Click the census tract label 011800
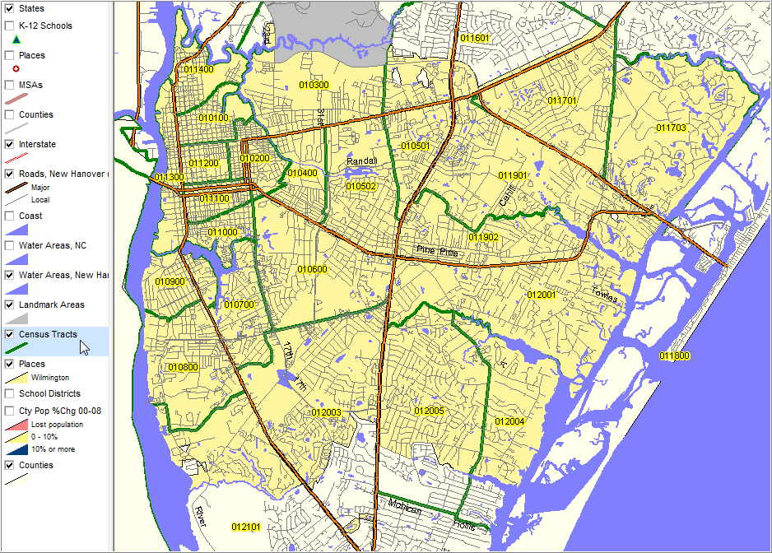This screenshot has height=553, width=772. [674, 355]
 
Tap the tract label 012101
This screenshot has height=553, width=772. [246, 527]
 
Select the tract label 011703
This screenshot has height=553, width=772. [672, 128]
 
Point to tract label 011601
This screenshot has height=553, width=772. [475, 39]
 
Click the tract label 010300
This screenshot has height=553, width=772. [314, 85]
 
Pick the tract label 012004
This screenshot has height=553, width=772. [509, 421]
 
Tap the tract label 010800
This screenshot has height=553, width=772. [183, 367]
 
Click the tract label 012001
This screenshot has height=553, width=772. [542, 295]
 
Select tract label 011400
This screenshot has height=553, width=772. [198, 70]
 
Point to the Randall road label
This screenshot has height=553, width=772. [361, 160]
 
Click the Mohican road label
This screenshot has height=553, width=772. [405, 510]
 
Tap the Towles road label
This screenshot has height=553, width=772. [604, 294]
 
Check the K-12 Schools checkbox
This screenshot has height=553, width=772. [10, 26]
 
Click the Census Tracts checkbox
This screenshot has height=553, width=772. [10, 334]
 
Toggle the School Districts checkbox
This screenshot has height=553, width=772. [10, 393]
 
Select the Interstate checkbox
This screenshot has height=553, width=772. [10, 144]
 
